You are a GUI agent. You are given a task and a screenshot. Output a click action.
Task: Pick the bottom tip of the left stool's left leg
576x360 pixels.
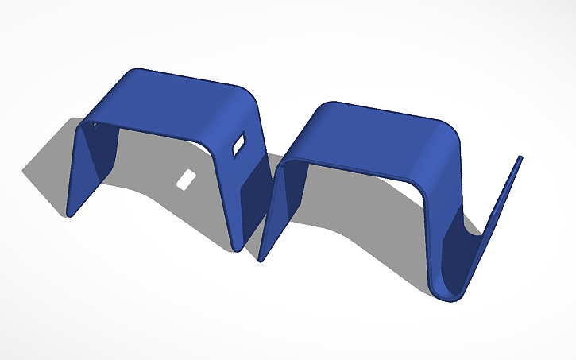(70, 214)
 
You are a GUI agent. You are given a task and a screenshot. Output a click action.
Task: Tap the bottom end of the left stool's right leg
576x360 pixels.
(238, 248)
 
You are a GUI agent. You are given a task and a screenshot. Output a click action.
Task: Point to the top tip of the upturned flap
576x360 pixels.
(521, 158)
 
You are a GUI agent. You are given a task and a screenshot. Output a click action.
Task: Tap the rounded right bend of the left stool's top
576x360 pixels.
(242, 107)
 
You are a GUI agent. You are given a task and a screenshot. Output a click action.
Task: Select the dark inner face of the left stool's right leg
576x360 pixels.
(253, 199)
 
